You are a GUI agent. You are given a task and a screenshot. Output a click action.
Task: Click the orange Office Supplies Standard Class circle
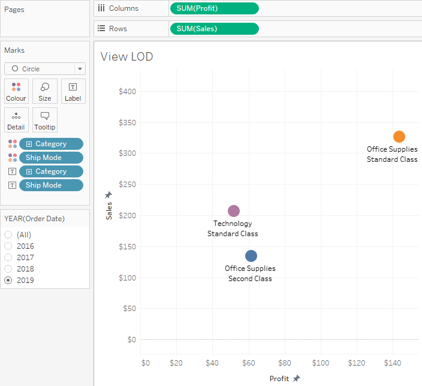(x=399, y=137)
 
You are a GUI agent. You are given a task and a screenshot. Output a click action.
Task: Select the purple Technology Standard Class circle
(x=234, y=211)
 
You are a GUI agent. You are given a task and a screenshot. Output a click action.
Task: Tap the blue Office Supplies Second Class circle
(x=251, y=256)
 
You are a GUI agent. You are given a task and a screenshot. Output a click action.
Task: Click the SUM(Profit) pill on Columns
(x=214, y=8)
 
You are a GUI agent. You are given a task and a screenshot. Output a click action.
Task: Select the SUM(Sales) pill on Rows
(x=214, y=29)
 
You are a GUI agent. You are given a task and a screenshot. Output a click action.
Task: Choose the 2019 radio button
(x=8, y=281)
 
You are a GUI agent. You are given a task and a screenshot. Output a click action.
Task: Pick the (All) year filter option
(x=8, y=235)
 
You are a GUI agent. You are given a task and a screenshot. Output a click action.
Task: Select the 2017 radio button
(x=8, y=258)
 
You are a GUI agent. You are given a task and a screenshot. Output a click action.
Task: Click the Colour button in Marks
(x=16, y=91)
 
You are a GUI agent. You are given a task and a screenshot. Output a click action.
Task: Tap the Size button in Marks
(x=45, y=91)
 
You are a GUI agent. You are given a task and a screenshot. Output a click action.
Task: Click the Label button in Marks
(x=73, y=91)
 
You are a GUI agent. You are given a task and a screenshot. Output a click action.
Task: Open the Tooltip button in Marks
(x=45, y=120)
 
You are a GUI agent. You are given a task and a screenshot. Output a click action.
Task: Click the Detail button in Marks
(x=16, y=120)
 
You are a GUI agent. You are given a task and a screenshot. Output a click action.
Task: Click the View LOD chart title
(x=126, y=57)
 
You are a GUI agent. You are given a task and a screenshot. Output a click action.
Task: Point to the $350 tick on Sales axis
(x=127, y=123)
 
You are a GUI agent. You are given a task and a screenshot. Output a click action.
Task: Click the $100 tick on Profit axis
(x=321, y=363)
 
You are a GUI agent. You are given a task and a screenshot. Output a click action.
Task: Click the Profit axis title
(x=279, y=379)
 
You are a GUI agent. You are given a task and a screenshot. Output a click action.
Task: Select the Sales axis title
(x=109, y=210)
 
